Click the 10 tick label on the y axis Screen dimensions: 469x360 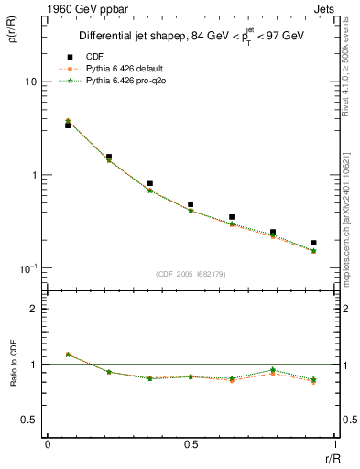(30, 82)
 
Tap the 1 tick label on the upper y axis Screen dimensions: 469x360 (33, 175)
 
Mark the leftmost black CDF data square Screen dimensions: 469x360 (68, 125)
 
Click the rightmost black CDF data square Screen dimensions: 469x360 (313, 243)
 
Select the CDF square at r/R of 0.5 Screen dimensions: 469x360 (191, 204)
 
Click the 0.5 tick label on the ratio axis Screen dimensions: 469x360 (29, 420)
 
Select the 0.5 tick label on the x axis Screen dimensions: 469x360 (191, 442)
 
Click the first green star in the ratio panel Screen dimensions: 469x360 (68, 354)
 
